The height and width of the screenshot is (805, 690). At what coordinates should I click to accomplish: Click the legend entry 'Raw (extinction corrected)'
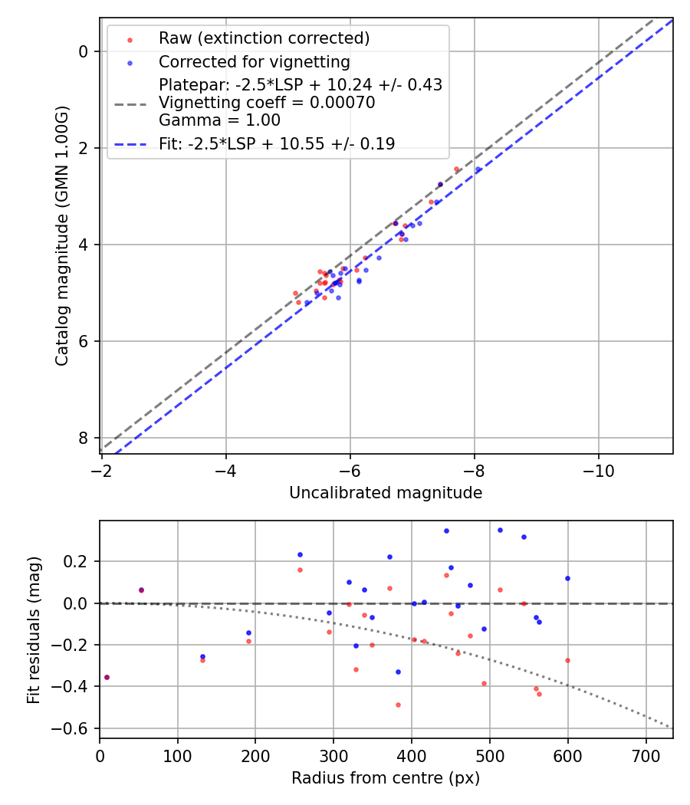(264, 38)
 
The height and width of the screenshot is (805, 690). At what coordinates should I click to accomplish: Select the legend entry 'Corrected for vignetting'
(254, 62)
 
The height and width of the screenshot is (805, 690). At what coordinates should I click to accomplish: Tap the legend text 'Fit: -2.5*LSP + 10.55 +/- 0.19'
(277, 144)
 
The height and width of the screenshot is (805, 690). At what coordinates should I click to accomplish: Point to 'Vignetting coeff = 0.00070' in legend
(267, 103)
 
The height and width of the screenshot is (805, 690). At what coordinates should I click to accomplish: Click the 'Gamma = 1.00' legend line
(219, 120)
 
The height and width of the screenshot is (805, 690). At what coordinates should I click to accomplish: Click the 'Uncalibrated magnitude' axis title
(386, 493)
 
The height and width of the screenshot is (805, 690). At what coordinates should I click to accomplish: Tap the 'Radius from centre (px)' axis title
(386, 778)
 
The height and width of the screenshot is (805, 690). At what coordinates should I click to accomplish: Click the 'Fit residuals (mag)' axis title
(33, 629)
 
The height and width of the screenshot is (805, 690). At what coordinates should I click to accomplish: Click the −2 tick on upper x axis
(102, 470)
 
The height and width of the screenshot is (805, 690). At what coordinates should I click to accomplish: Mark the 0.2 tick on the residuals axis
(80, 562)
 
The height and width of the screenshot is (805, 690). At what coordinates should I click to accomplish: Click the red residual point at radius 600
(567, 660)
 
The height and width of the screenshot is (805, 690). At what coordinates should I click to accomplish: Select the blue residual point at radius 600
(567, 578)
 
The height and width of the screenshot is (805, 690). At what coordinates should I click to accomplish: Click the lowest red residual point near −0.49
(398, 705)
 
